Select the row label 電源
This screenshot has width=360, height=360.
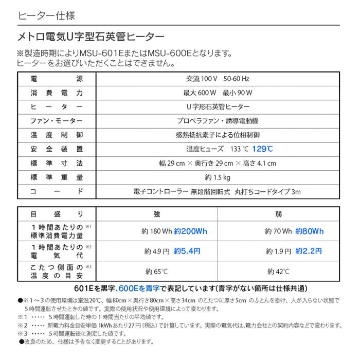click(x=57, y=79)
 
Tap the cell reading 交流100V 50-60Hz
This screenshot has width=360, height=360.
click(x=218, y=79)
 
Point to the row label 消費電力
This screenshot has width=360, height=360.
click(x=57, y=93)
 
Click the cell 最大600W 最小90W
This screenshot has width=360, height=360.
click(x=218, y=93)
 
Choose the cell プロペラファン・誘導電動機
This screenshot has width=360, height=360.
click(x=218, y=121)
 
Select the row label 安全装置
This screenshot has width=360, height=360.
click(x=57, y=149)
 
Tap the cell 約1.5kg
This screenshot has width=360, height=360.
click(x=218, y=177)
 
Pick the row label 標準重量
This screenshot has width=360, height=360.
click(x=57, y=177)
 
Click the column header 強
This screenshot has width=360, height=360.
click(x=156, y=214)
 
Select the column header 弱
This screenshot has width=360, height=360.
click(x=278, y=214)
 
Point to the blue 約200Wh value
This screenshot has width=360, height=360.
click(x=190, y=231)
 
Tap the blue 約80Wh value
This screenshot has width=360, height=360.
click(x=310, y=231)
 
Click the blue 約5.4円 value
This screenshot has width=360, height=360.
click(x=187, y=251)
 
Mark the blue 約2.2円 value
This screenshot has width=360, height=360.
click(x=309, y=251)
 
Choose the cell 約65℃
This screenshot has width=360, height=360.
click(x=156, y=271)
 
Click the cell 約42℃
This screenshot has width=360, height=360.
click(x=278, y=271)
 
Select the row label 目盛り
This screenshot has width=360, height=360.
click(x=57, y=214)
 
